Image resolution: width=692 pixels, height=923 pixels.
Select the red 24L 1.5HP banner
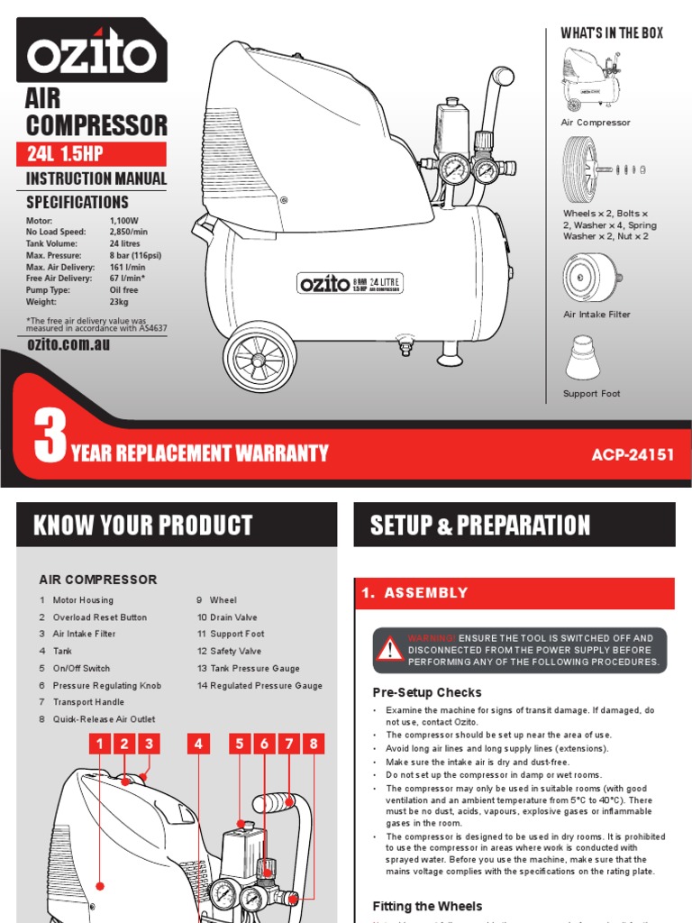click(x=92, y=154)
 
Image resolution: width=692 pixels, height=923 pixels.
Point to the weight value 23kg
click(x=121, y=302)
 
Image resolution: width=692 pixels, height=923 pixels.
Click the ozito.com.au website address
click(x=68, y=344)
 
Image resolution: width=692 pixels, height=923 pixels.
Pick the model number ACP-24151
click(x=633, y=454)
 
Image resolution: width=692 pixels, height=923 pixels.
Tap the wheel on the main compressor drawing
click(x=259, y=358)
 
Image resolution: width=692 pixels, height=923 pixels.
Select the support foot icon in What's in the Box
click(x=590, y=358)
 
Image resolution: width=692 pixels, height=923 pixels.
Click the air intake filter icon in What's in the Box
click(x=592, y=274)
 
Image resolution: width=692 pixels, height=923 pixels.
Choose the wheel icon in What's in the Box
click(x=579, y=169)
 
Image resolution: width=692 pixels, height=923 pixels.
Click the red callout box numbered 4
click(x=199, y=744)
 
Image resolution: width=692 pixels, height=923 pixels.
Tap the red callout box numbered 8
click(x=314, y=744)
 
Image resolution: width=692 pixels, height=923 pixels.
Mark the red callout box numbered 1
click(x=99, y=744)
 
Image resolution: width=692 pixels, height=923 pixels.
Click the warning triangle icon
click(x=389, y=649)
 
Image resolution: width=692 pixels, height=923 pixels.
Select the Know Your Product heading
click(x=142, y=525)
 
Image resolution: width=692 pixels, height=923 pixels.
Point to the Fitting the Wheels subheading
click(x=427, y=906)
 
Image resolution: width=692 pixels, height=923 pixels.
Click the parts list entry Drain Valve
click(x=227, y=617)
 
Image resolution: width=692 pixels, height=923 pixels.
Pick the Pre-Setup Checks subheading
click(x=427, y=692)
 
